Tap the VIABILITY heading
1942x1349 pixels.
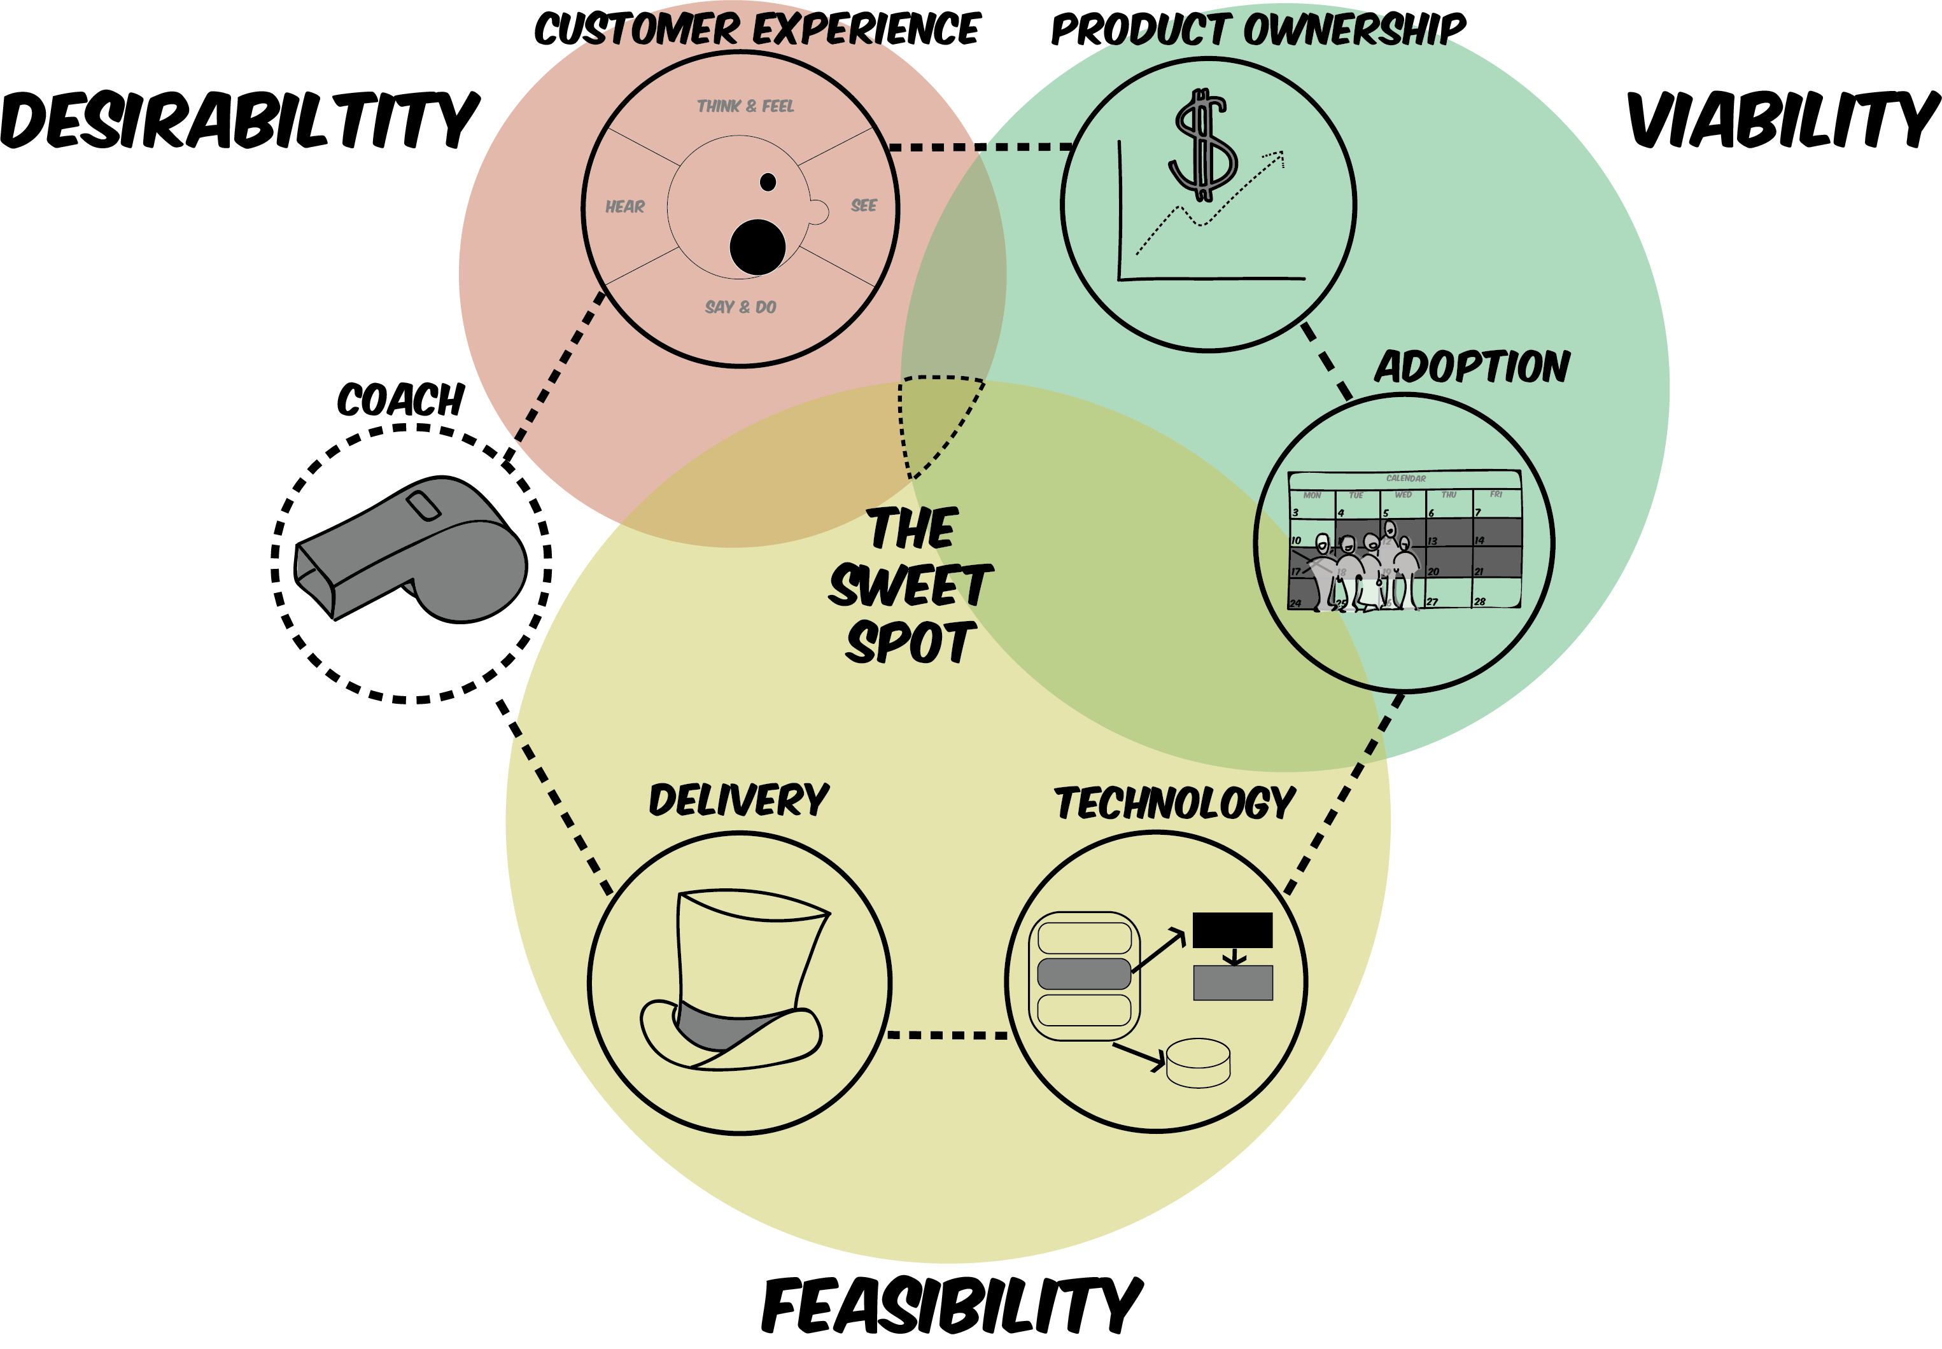[x=1782, y=121]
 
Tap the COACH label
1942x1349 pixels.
[x=401, y=400]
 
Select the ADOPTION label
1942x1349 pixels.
[x=1472, y=367]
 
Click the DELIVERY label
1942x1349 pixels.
[x=738, y=800]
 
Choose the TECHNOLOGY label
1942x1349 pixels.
[x=1174, y=803]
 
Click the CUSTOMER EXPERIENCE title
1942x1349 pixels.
[x=757, y=29]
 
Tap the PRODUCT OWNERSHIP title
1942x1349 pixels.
[x=1257, y=29]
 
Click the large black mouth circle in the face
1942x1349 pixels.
[x=757, y=248]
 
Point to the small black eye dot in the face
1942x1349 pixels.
[x=768, y=182]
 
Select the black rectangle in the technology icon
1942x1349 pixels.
[x=1232, y=930]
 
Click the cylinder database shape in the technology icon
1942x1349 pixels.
[x=1198, y=1063]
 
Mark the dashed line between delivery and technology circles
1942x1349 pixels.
[x=947, y=1035]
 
